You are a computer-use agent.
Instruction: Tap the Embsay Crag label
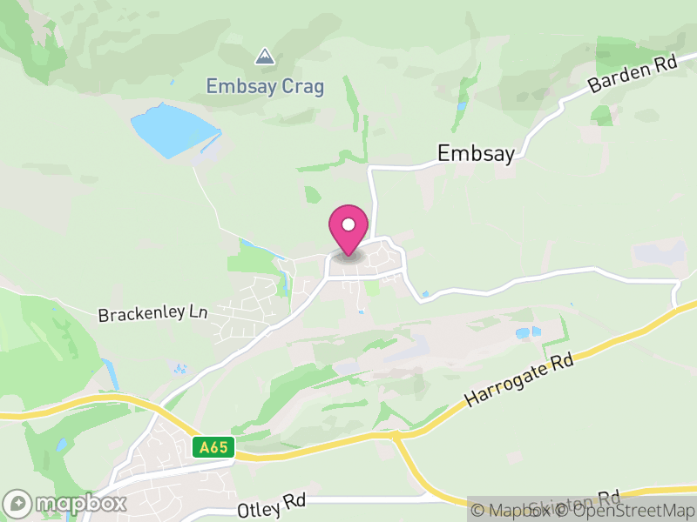[x=265, y=86]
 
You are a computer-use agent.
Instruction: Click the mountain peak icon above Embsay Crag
[x=264, y=57]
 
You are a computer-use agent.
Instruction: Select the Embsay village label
[x=476, y=153]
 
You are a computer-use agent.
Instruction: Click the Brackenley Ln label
[x=153, y=313]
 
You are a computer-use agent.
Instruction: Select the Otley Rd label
[x=272, y=505]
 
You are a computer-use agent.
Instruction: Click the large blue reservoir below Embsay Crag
[x=173, y=130]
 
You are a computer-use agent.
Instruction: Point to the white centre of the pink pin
[x=348, y=224]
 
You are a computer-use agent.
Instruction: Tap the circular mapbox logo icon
[x=18, y=504]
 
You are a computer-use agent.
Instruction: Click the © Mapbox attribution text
[x=511, y=511]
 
